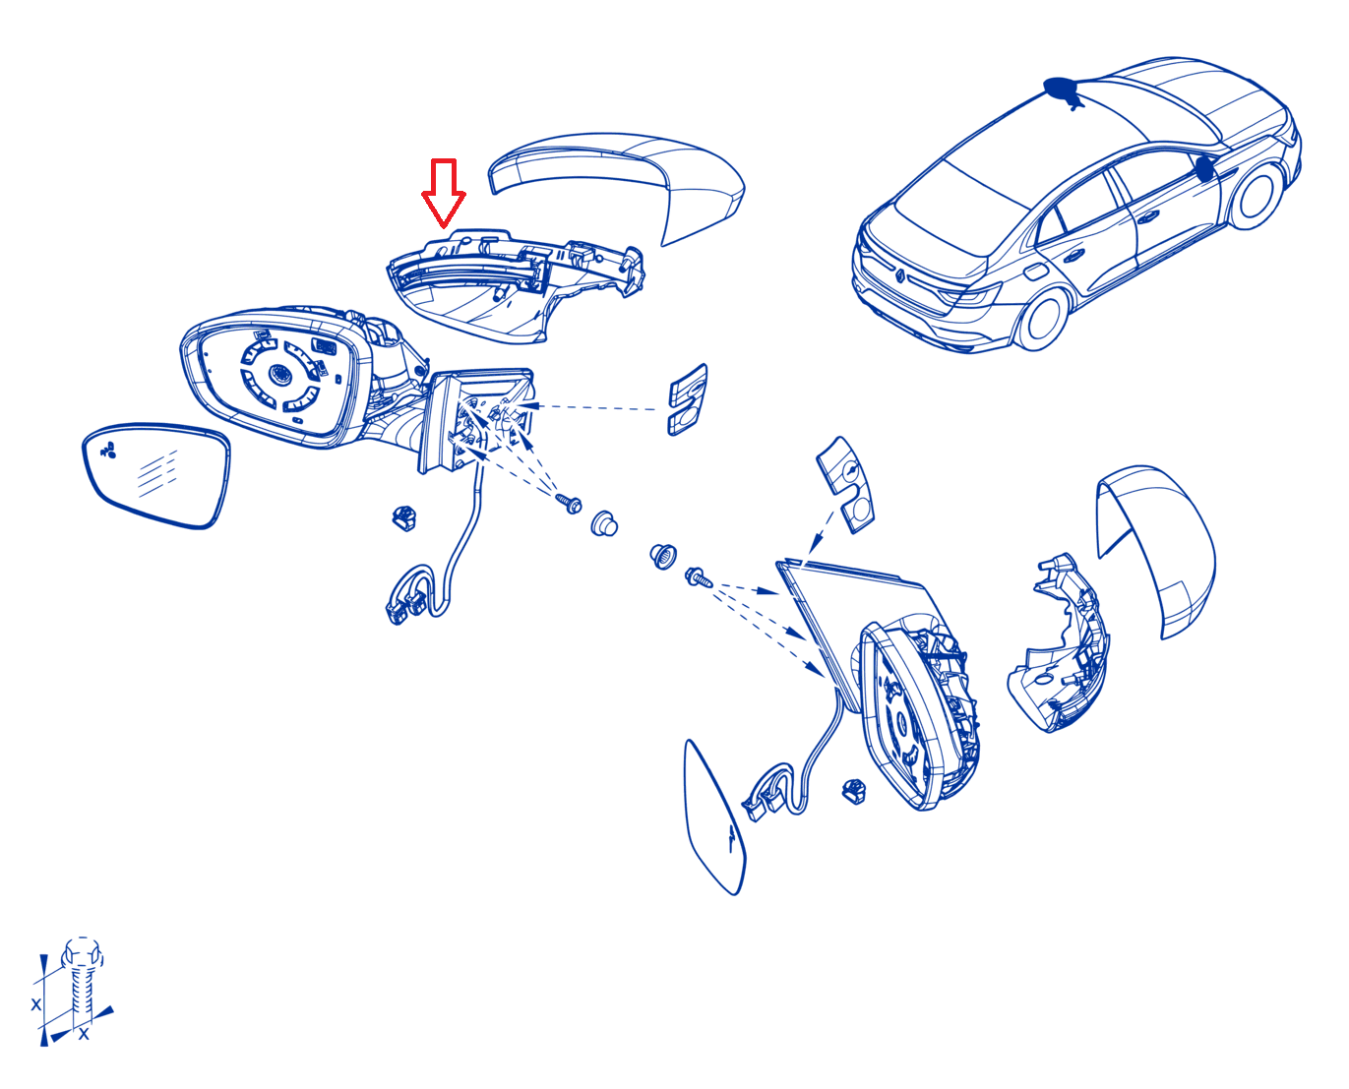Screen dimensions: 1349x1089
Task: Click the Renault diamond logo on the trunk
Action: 899,274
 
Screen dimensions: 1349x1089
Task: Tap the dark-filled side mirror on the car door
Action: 1204,168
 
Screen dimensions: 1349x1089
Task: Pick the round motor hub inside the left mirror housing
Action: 278,374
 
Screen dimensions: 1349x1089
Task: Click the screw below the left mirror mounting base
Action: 569,504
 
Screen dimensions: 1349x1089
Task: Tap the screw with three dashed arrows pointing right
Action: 698,576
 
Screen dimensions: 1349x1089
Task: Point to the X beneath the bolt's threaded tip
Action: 84,1034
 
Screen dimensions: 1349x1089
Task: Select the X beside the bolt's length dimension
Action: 36,1004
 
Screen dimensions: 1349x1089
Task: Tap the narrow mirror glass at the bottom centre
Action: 714,817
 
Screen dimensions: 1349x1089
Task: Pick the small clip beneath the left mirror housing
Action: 404,517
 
